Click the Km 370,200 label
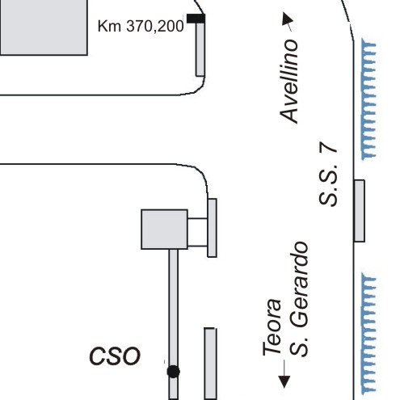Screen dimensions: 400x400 tap(141, 27)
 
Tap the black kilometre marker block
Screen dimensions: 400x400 tap(196, 19)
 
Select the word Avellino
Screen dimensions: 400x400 tap(289, 82)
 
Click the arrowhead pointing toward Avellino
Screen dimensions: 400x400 tap(288, 19)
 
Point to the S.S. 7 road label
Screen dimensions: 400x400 tap(328, 174)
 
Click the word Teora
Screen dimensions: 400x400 tap(272, 327)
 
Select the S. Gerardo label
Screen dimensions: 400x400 tap(299, 299)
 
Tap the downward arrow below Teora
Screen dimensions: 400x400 tap(284, 374)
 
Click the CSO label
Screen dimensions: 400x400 tap(115, 356)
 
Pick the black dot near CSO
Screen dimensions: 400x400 tap(174, 372)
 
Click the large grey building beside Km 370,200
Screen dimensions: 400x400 tap(44, 27)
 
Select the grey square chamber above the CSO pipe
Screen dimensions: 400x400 tap(164, 229)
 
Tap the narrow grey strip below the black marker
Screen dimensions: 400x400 tap(200, 49)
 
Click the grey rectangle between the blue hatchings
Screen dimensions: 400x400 tap(360, 211)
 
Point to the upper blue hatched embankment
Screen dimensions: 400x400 tap(368, 99)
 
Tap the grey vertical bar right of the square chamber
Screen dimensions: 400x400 tap(213, 228)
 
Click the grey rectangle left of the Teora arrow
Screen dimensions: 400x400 tap(210, 364)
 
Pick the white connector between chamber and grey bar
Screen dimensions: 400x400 tap(198, 232)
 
